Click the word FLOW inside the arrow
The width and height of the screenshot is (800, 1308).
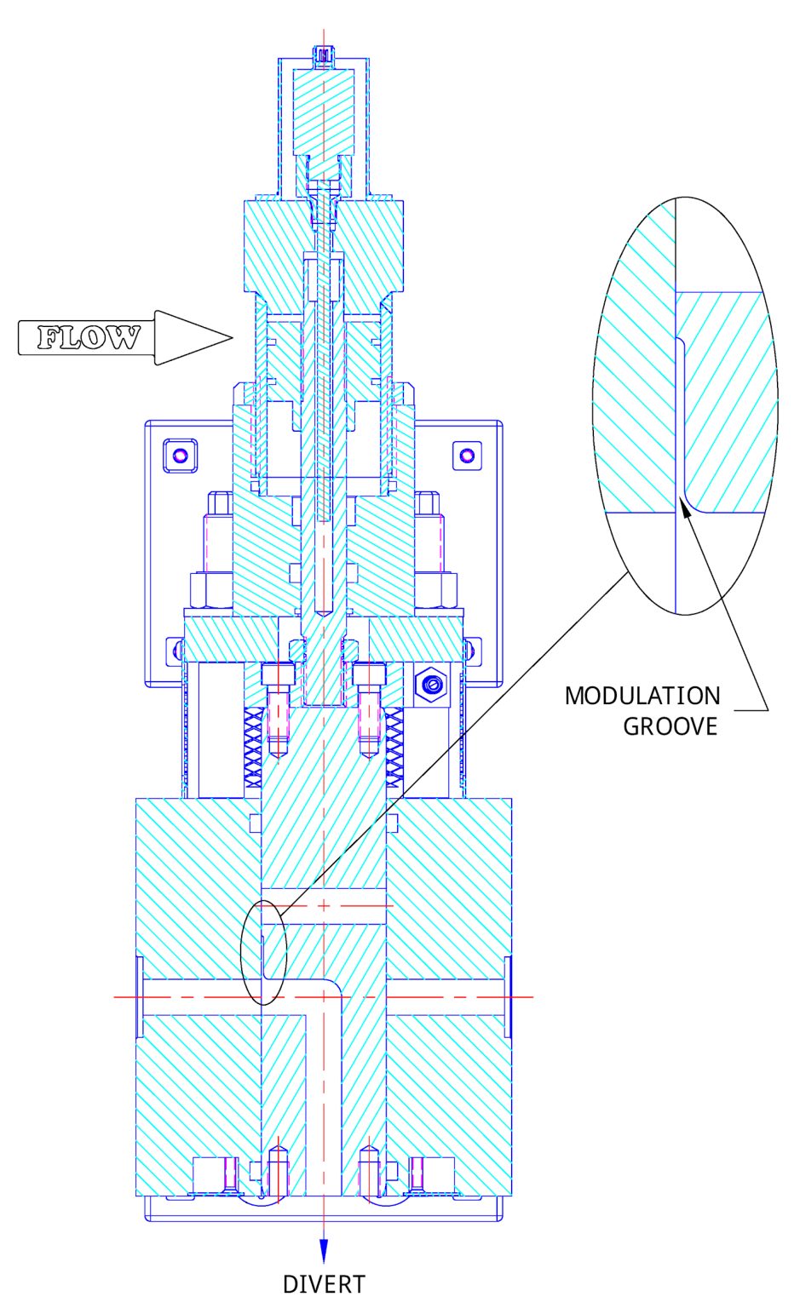point(88,338)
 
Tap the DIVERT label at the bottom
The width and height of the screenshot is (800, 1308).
point(324,1284)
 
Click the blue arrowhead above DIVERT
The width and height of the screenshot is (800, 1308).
point(324,1250)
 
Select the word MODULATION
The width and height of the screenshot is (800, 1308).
point(642,696)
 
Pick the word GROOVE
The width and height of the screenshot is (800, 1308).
point(671,726)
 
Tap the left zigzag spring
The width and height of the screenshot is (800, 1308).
point(253,749)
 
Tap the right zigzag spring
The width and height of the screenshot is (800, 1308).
point(395,749)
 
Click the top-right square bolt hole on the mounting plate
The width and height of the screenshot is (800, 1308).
point(465,454)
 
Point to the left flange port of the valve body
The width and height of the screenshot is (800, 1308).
point(139,996)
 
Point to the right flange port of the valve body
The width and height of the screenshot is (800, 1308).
point(508,996)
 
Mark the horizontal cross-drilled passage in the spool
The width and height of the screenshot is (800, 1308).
point(324,905)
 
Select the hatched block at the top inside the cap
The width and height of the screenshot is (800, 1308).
point(324,111)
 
